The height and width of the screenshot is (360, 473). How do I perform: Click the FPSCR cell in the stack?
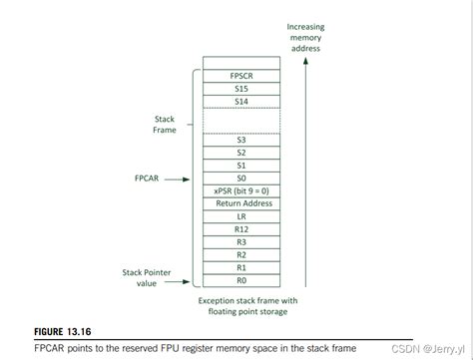coord(240,75)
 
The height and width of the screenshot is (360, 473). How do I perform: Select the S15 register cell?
coord(240,88)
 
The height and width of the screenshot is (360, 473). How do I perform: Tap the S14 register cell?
coord(240,101)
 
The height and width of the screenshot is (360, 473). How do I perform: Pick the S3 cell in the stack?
coord(240,140)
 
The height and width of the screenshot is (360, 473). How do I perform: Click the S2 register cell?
coord(240,153)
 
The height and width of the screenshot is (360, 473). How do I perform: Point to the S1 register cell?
coord(240,165)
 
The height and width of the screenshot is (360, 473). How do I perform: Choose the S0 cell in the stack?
coord(240,178)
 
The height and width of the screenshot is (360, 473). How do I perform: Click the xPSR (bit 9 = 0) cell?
coord(240,190)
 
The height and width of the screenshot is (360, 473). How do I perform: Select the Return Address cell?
coord(240,203)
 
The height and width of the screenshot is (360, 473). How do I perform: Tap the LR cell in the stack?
coord(240,216)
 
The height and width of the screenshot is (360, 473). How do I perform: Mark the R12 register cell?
coord(240,229)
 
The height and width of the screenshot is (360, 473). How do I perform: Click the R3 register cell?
coord(240,242)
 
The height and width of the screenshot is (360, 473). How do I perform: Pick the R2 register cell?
coord(240,255)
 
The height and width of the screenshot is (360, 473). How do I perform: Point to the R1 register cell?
coord(240,268)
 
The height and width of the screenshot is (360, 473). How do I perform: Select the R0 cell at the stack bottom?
coord(240,280)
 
